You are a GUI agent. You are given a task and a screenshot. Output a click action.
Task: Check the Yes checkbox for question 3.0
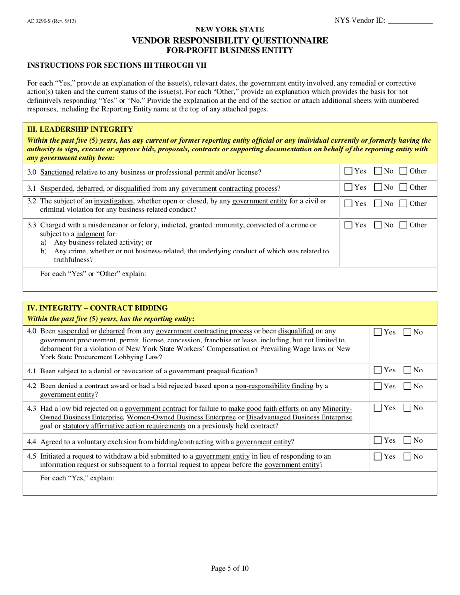[348, 171]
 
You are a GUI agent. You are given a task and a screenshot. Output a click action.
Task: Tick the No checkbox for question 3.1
[378, 187]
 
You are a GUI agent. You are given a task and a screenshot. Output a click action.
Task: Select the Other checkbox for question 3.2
[403, 203]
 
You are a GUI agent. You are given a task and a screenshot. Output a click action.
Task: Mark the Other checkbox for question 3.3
[403, 225]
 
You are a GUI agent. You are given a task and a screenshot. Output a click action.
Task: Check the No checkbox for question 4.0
[408, 332]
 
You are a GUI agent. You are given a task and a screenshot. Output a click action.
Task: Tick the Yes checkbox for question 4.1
[378, 371]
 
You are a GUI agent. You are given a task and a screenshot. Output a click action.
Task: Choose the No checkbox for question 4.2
[408, 386]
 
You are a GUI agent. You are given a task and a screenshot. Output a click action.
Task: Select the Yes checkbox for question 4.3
[378, 408]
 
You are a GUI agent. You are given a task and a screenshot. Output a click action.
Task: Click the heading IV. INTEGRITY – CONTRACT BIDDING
[97, 308]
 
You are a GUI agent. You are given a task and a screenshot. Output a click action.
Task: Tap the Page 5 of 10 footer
[230, 569]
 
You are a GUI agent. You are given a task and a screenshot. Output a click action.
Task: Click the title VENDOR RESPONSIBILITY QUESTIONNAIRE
[230, 40]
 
